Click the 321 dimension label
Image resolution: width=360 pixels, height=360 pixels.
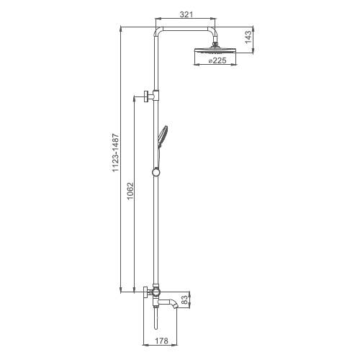[x=186, y=14]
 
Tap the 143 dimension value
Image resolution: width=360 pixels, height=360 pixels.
[x=248, y=37]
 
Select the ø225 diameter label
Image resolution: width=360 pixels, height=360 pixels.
[x=217, y=60]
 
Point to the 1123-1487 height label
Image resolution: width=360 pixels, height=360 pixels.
[x=116, y=153]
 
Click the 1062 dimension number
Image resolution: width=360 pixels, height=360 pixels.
[x=130, y=192]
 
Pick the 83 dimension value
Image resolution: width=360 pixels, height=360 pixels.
[x=184, y=300]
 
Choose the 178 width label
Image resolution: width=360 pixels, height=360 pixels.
[x=161, y=341]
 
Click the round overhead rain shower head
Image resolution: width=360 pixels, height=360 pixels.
[x=215, y=51]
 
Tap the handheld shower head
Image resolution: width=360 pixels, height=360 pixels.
[x=162, y=136]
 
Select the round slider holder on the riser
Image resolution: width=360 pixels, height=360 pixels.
[x=156, y=172]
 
